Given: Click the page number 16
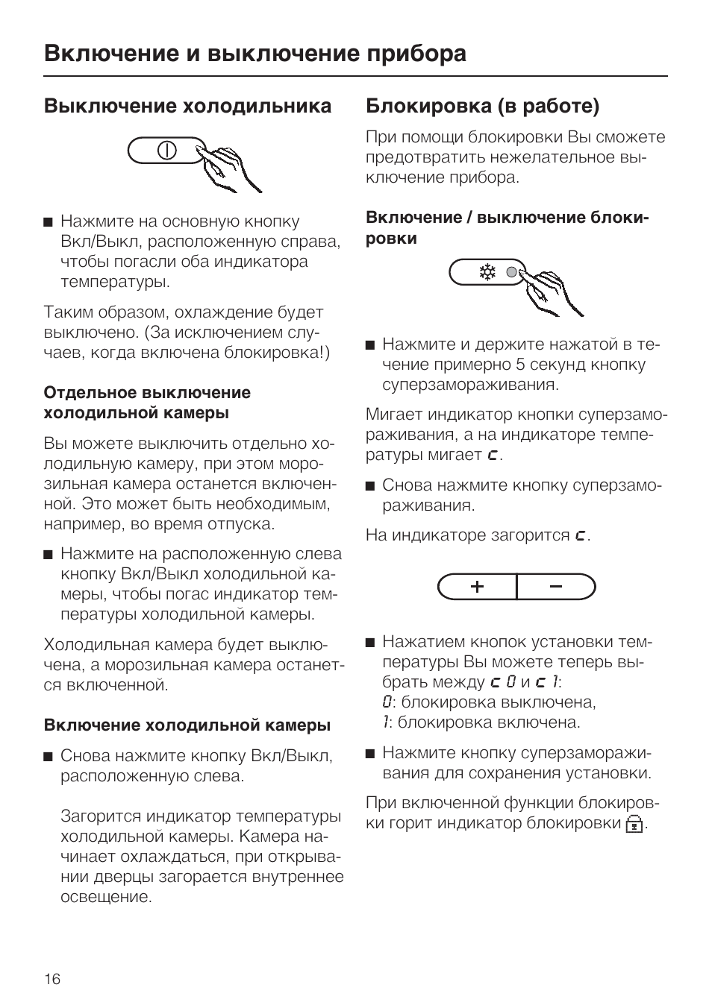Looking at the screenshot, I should (x=52, y=979).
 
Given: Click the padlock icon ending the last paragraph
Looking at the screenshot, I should (x=634, y=824).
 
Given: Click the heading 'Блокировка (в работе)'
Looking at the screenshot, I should (x=482, y=106).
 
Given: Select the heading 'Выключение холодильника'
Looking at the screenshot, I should (x=187, y=106).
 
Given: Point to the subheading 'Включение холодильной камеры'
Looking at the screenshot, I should (x=187, y=725).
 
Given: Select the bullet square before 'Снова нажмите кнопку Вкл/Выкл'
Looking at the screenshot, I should (x=49, y=757).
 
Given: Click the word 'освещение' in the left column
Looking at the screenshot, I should (x=106, y=897).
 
